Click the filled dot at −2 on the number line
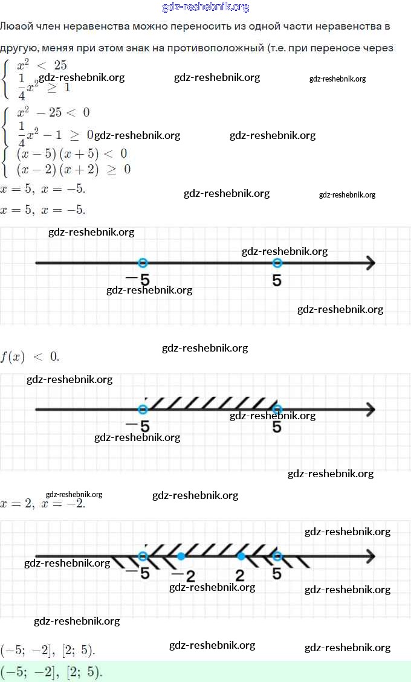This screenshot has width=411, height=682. (x=181, y=556)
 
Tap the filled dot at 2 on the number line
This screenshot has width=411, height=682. (x=241, y=556)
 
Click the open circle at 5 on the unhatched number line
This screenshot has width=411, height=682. (x=277, y=263)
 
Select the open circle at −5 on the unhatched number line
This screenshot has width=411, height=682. (x=143, y=263)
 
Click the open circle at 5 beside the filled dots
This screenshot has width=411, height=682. (x=277, y=556)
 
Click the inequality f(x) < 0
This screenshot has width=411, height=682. (x=30, y=356)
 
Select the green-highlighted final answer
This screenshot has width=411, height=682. (x=52, y=671)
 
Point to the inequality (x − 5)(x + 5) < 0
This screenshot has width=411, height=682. (x=72, y=154)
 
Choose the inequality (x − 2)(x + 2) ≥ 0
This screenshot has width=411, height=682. (x=73, y=170)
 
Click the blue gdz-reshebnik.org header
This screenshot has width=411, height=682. (x=205, y=7)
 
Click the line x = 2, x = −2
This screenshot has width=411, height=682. (x=43, y=503)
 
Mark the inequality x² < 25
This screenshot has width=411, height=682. (x=42, y=65)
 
